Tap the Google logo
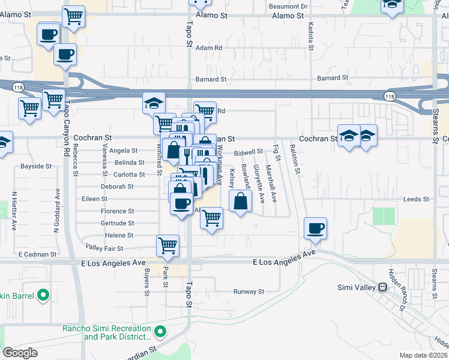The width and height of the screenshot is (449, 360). click(20, 353)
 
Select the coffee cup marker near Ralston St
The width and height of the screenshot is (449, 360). click(315, 229)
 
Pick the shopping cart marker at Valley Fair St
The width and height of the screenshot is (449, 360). click(167, 245)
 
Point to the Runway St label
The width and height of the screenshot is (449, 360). click(249, 292)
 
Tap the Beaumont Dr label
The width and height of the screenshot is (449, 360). click(288, 6)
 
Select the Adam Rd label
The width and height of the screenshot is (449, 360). click(209, 47)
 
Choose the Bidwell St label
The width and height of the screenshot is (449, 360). click(249, 152)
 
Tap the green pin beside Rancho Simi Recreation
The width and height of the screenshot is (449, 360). click(160, 331)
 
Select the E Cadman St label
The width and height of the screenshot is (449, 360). click(37, 254)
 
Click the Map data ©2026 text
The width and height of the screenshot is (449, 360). click(423, 355)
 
